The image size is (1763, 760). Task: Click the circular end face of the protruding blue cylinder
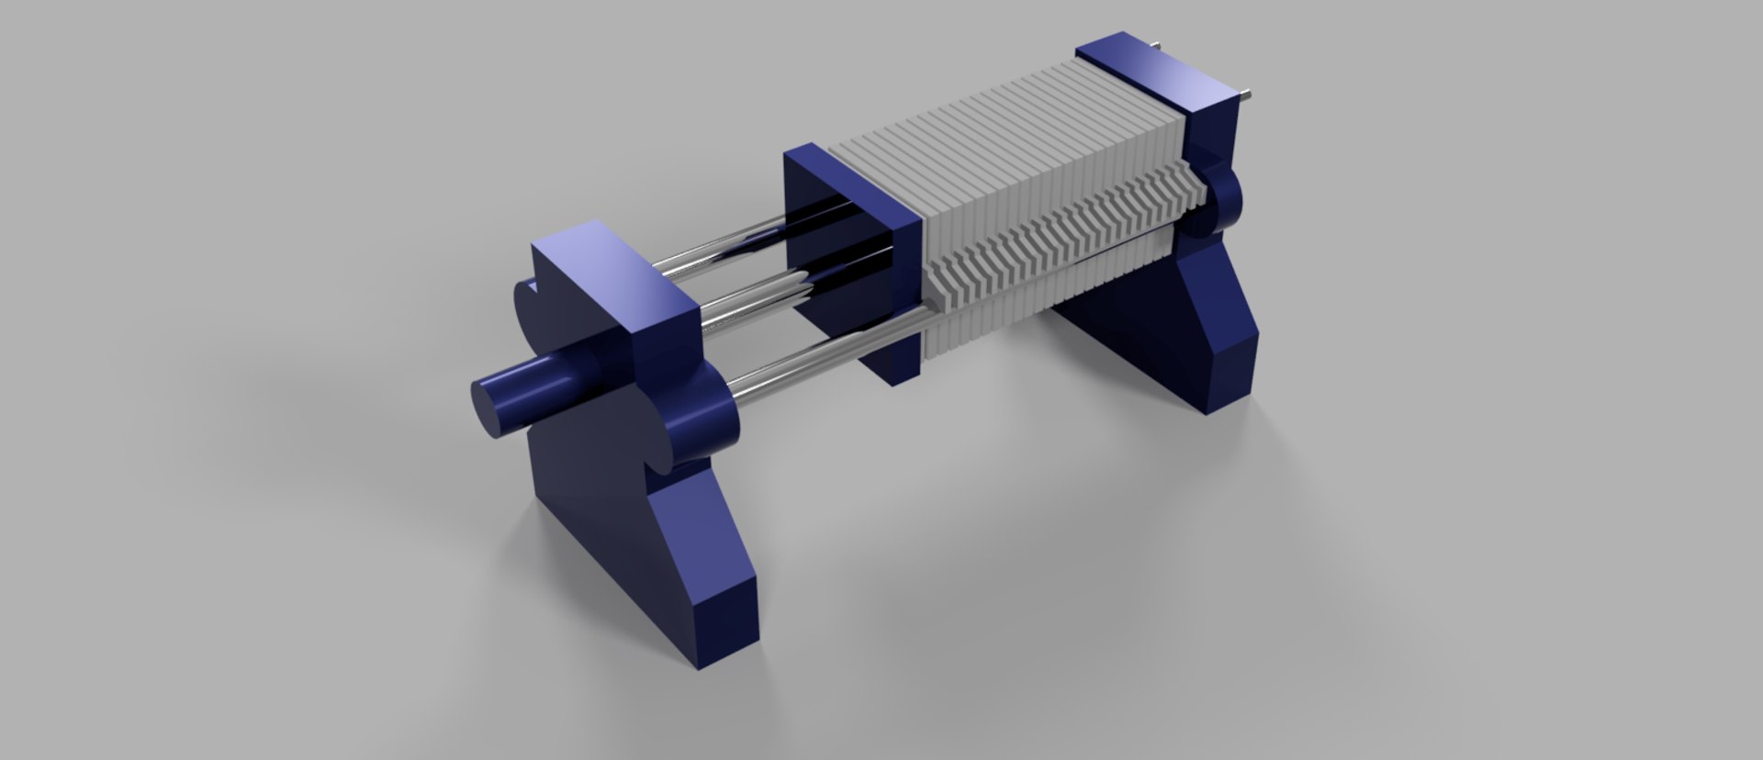493,408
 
